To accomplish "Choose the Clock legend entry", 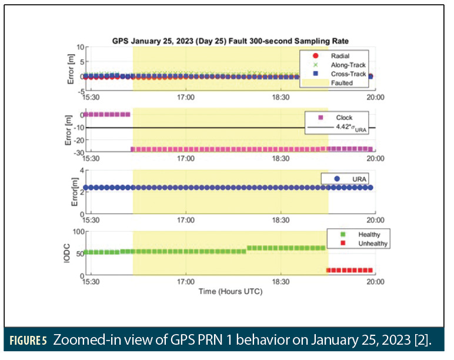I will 344,118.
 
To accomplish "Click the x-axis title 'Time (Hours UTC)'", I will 230,291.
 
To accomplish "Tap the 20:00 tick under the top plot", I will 375,98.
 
